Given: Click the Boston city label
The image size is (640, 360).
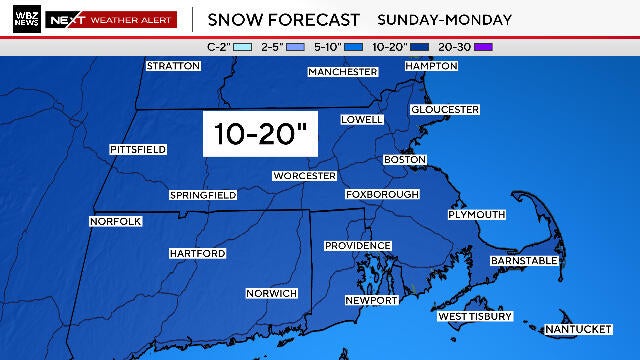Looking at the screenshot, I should tap(405, 160).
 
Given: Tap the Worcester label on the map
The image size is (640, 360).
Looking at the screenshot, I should tap(304, 176).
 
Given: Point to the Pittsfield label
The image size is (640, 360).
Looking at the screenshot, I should tap(138, 150).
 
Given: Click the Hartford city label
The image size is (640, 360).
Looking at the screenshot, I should tap(197, 254).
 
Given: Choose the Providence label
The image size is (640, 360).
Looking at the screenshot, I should tap(357, 246).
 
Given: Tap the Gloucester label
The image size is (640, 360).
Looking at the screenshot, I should tap(445, 109).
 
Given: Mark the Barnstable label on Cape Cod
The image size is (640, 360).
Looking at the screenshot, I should tap(523, 261).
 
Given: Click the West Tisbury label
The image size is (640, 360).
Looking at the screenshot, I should tap(476, 317).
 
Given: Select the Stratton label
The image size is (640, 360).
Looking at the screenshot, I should tap(173, 66).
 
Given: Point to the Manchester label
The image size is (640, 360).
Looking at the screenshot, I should tap(343, 72).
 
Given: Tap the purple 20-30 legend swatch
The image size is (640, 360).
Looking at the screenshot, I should tap(485, 46).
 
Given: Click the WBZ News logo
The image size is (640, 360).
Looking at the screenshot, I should tap(27, 19).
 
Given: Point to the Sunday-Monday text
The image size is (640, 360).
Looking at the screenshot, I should tap(445, 19).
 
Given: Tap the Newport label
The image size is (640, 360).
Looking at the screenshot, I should tap(372, 300).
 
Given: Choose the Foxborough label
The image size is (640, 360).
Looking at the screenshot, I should tap(386, 194).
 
